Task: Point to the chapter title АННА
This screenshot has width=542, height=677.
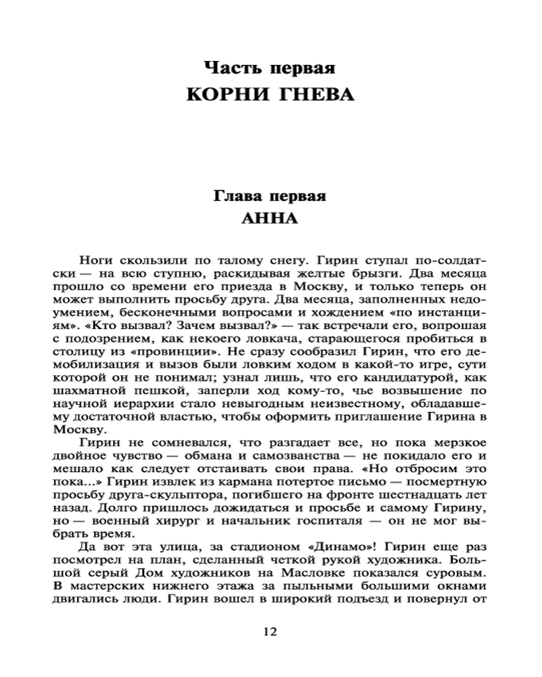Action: click(x=269, y=220)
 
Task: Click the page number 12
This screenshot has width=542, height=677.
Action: click(x=269, y=632)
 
